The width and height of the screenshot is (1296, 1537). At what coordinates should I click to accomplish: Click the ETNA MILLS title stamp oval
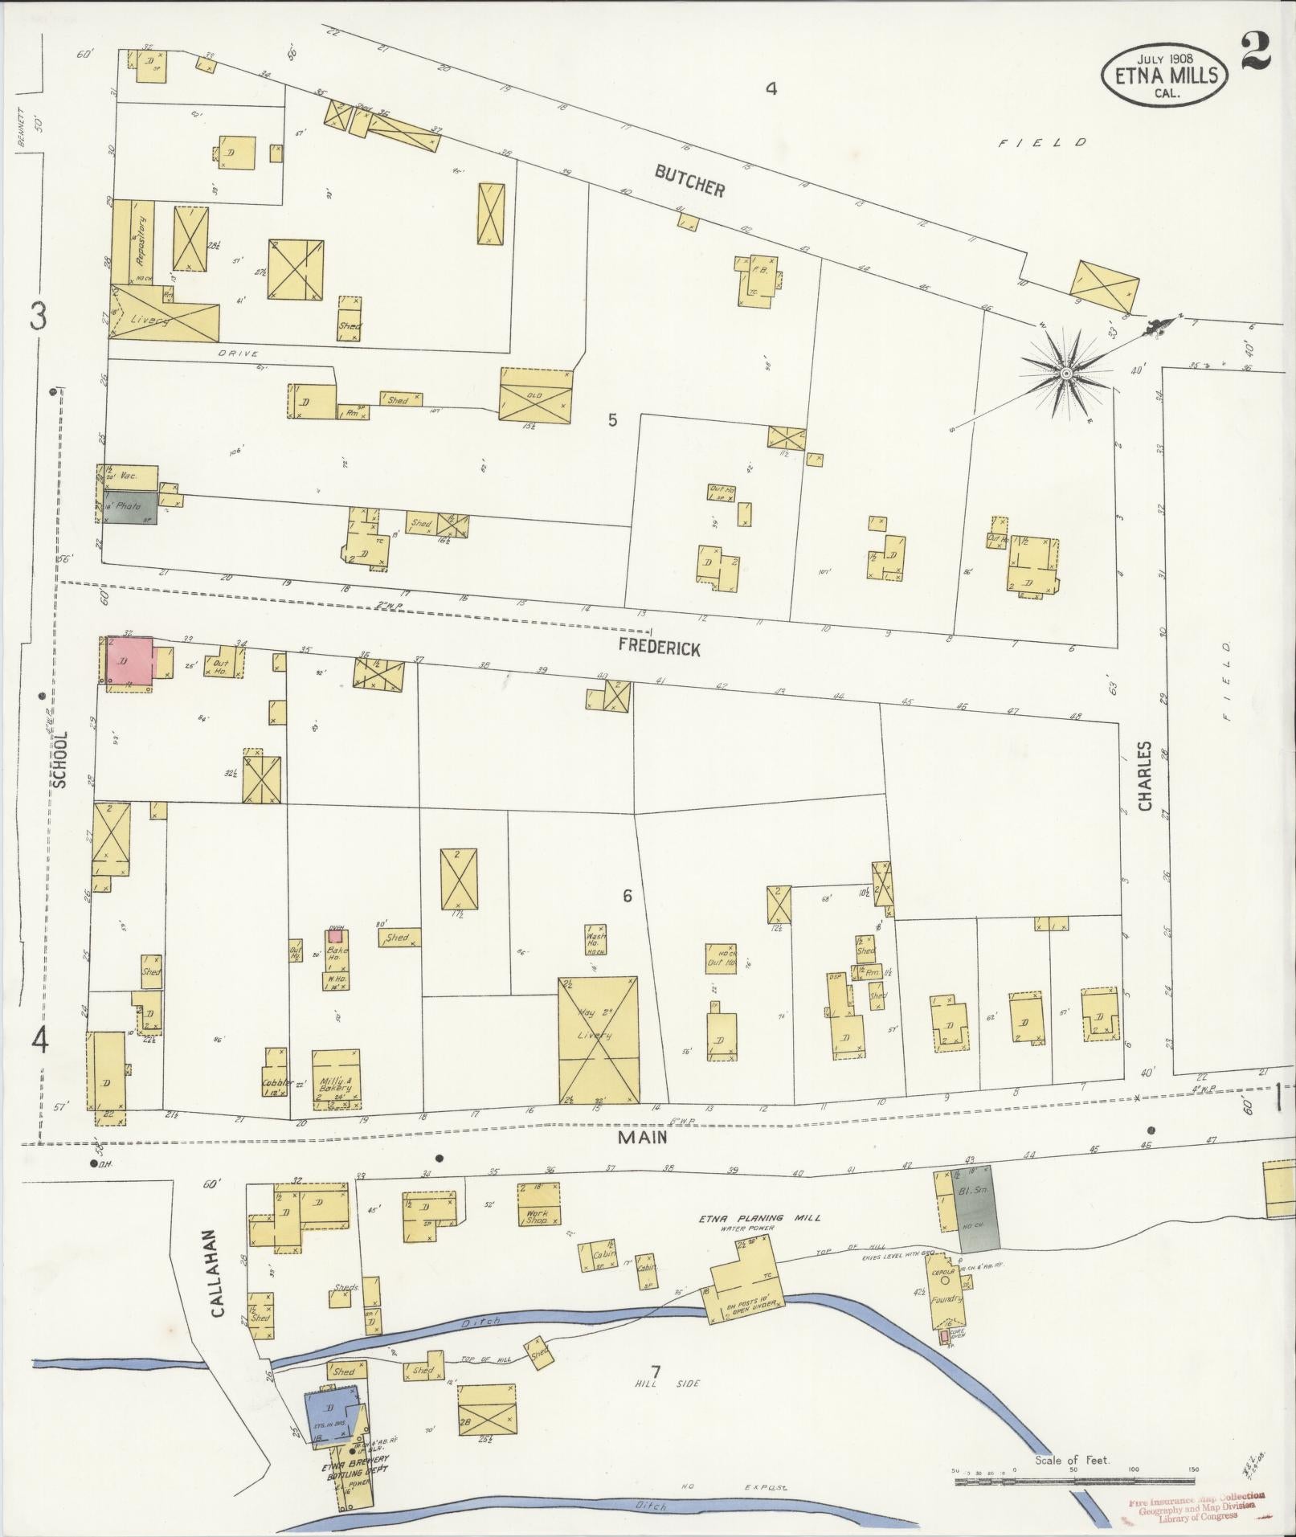click(1164, 76)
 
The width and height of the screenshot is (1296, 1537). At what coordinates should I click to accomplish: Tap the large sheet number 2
click(1255, 50)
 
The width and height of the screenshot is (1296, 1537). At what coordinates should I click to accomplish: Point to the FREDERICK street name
click(659, 648)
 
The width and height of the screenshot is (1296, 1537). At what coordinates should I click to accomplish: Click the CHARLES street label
click(1144, 775)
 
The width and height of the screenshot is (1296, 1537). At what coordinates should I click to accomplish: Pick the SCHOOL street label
click(59, 758)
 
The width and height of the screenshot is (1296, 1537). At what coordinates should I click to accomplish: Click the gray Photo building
click(130, 509)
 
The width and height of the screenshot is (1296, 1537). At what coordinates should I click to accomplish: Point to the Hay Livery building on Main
click(599, 1038)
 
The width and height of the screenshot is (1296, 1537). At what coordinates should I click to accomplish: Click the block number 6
click(628, 896)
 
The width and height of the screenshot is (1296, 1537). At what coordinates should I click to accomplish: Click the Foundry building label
click(948, 1297)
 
